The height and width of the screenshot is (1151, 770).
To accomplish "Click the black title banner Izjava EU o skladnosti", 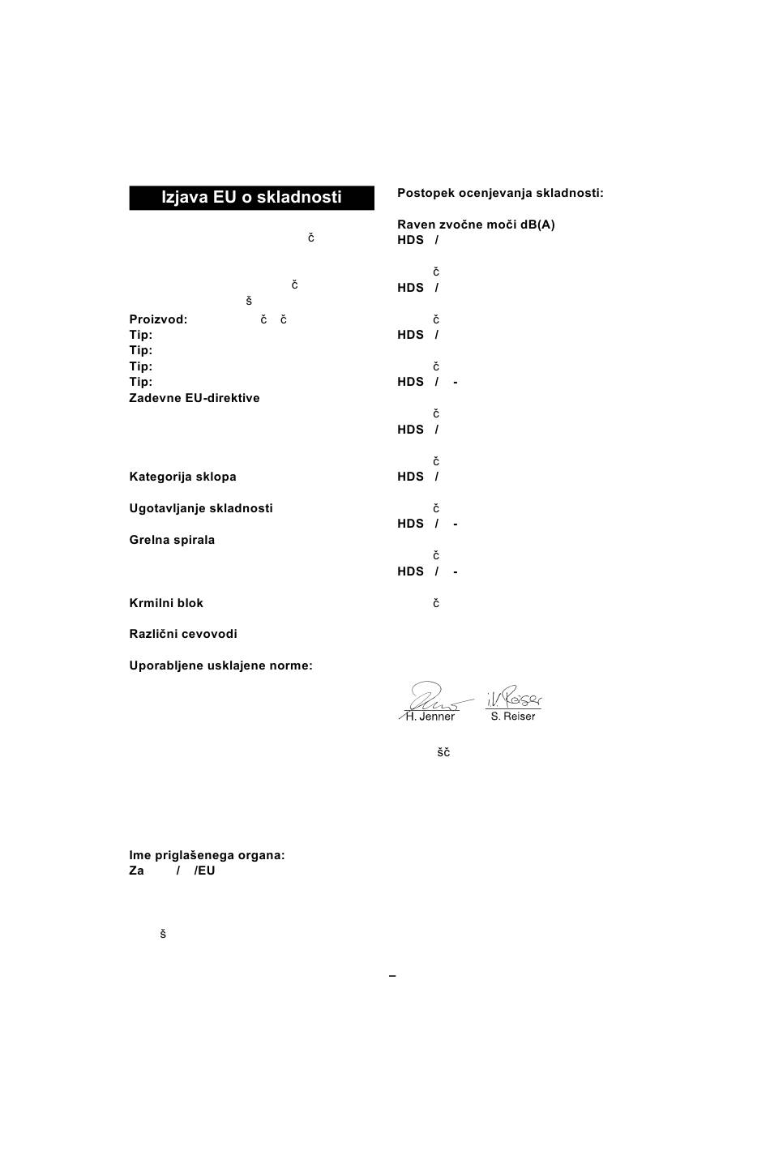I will point(251,198).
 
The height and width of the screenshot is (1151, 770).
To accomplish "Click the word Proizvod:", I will point(158,319).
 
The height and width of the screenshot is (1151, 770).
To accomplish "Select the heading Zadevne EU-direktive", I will point(195,398).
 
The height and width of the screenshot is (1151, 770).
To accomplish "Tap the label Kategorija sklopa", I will point(182,477).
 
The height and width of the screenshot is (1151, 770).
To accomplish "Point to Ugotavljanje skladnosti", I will point(201,508).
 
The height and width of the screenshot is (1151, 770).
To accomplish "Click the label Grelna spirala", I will point(172,540).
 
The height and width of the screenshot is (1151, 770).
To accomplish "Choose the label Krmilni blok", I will point(166,603).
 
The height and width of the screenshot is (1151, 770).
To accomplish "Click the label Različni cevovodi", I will point(183,634).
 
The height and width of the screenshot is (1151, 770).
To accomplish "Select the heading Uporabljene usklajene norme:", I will point(220,665).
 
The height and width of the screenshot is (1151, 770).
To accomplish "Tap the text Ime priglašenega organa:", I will point(207,855).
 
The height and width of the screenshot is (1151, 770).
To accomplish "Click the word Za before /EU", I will point(136,871).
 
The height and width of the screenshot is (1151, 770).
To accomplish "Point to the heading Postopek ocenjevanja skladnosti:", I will point(500,193).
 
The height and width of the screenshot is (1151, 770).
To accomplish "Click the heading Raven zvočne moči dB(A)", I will point(476,225).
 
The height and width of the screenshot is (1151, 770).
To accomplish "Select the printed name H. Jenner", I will point(430,717).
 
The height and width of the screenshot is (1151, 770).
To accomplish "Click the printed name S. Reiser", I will point(513,717).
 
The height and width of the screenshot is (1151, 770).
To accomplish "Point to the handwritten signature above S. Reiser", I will point(514,696).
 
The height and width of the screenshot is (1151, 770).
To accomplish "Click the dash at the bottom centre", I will point(392,976).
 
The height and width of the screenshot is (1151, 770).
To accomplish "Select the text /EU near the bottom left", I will point(204,871).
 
